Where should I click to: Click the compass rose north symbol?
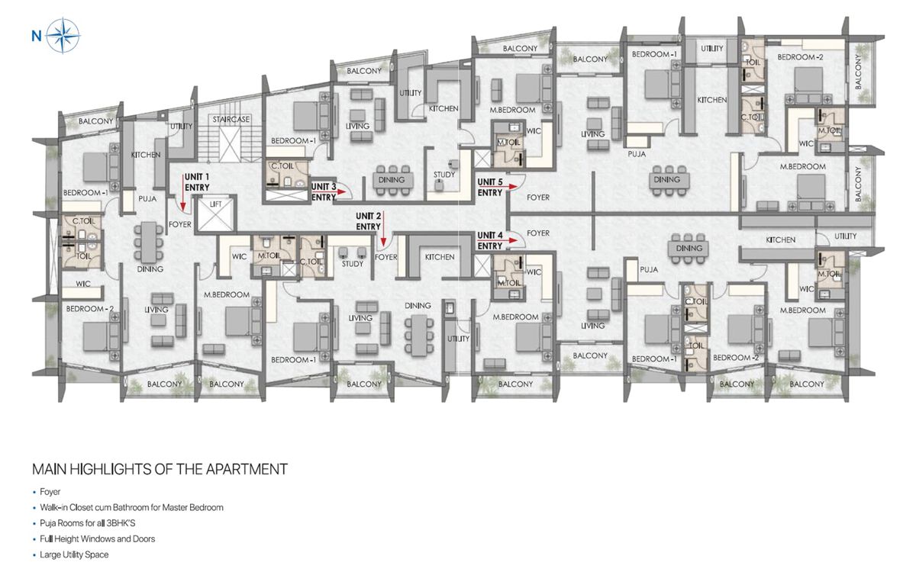click(x=63, y=36)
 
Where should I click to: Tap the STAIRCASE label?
click(x=231, y=119)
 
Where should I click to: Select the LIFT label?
click(x=215, y=204)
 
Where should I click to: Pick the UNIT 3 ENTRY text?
click(x=324, y=192)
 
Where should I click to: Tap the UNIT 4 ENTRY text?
click(x=490, y=241)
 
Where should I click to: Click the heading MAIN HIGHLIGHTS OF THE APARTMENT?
click(x=160, y=469)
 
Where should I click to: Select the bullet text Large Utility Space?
click(x=74, y=555)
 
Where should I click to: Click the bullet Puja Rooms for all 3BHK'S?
click(x=88, y=523)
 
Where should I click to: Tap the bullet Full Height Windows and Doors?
click(x=98, y=539)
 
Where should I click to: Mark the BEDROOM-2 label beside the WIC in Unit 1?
click(x=89, y=309)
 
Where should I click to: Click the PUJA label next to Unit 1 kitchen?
click(x=147, y=198)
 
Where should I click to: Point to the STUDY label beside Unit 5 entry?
click(x=444, y=175)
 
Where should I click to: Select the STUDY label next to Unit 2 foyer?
click(x=353, y=264)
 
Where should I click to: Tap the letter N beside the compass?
click(x=37, y=37)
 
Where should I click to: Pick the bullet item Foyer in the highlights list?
click(x=50, y=492)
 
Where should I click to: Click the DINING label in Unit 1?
click(x=150, y=268)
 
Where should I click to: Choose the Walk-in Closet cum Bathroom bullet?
click(x=131, y=507)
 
